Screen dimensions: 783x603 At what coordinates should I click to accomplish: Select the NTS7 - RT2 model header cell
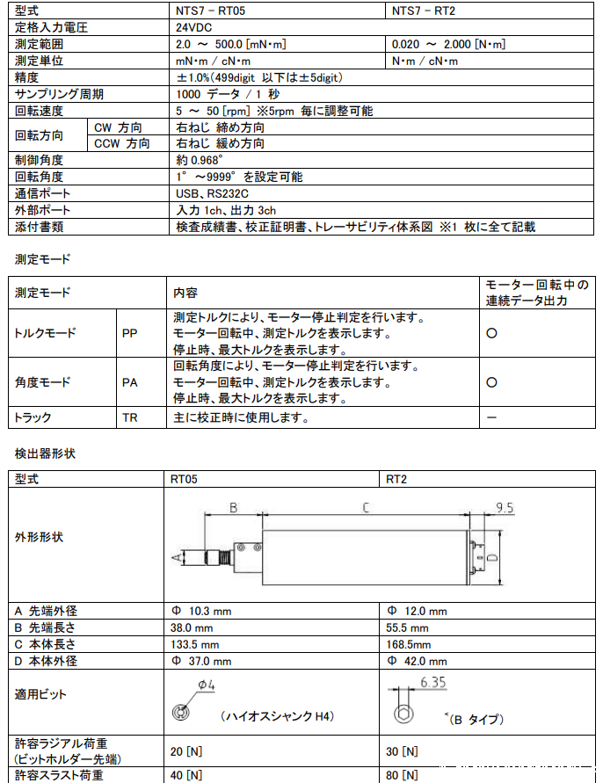click(426, 11)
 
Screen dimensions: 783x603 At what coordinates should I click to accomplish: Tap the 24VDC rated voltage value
click(196, 27)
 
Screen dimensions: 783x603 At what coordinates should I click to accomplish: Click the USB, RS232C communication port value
click(212, 193)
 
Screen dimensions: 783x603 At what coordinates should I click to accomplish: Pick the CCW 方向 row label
click(122, 143)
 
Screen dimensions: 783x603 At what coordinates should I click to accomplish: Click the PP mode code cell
click(130, 334)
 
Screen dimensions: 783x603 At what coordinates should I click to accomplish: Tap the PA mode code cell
click(130, 382)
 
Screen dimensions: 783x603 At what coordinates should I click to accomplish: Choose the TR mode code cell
click(130, 417)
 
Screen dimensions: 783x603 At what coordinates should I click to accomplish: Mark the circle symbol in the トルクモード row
click(492, 334)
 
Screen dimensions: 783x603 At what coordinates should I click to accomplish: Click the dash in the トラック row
click(492, 417)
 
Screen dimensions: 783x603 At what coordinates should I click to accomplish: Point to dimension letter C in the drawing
click(365, 507)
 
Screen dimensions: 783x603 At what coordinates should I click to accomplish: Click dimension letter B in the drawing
click(233, 507)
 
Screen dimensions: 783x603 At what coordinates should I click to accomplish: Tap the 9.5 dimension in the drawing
click(504, 508)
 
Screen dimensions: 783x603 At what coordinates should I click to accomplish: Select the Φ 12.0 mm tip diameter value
click(417, 611)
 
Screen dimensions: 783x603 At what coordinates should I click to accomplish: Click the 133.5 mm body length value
click(194, 644)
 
